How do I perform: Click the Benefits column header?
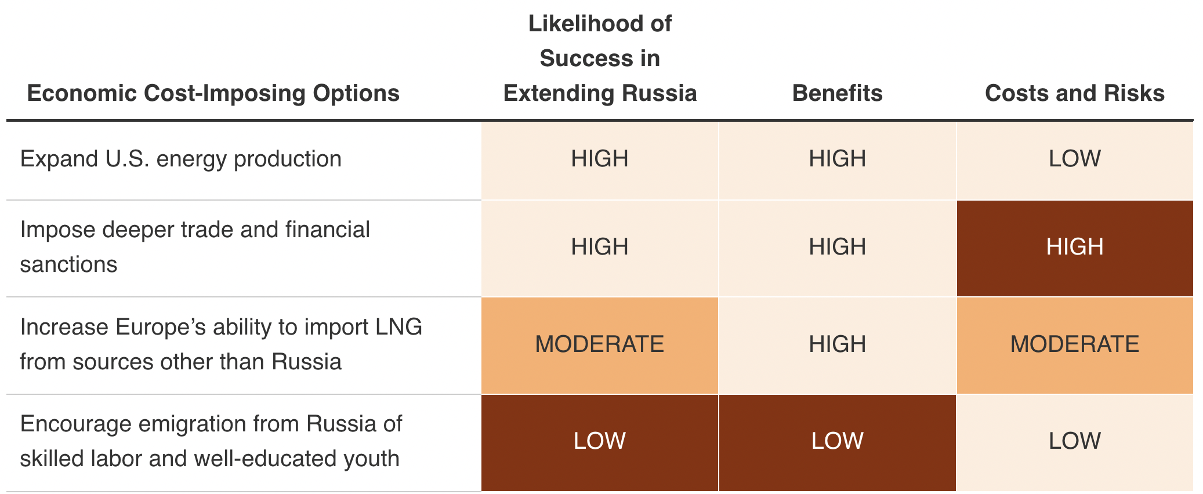837,93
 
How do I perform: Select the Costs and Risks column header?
1074,93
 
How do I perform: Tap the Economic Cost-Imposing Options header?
213,93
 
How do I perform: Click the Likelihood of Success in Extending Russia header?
600,59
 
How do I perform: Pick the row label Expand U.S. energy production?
180,159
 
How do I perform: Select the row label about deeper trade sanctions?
194,247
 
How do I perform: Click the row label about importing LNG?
220,344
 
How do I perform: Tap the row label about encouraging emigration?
210,441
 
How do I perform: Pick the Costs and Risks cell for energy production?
1074,159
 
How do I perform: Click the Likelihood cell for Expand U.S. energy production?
600,159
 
